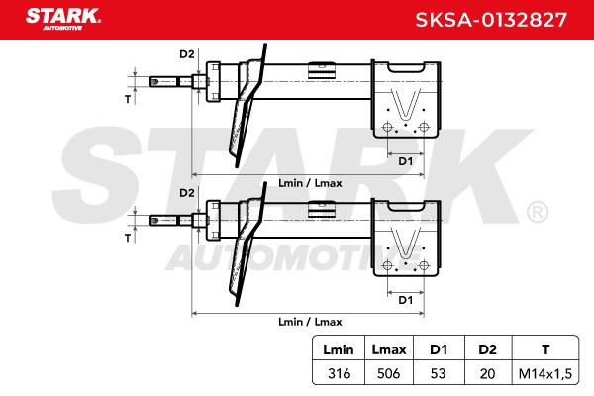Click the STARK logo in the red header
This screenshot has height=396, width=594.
coord(63,19)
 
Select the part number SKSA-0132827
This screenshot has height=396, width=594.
coord(491,20)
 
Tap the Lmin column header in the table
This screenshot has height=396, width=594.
coord(339,349)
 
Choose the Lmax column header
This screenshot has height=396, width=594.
coord(389,349)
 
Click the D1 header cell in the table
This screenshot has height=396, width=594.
coord(439,349)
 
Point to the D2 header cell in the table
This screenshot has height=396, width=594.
coord(487,349)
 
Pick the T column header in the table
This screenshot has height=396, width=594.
coord(545,349)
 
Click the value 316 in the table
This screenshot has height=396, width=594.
coord(339,373)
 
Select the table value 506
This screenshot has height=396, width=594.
coord(389,373)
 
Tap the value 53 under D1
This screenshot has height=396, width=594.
coord(438,373)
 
